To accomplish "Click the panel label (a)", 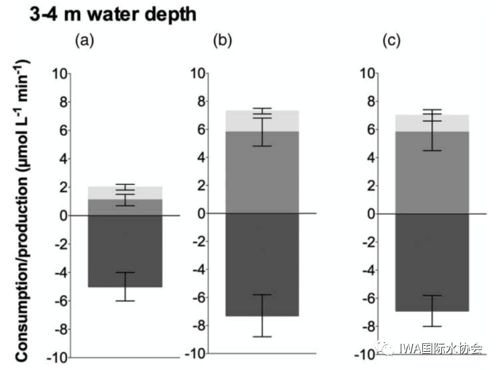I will [x=86, y=42].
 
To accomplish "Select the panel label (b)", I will [x=221, y=42].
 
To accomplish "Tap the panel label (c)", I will [x=392, y=42].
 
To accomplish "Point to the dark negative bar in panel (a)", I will [x=125, y=251].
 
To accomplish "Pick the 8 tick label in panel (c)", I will [x=369, y=101].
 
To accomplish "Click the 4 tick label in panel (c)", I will [x=369, y=157].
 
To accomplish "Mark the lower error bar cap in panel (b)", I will [x=262, y=336].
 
